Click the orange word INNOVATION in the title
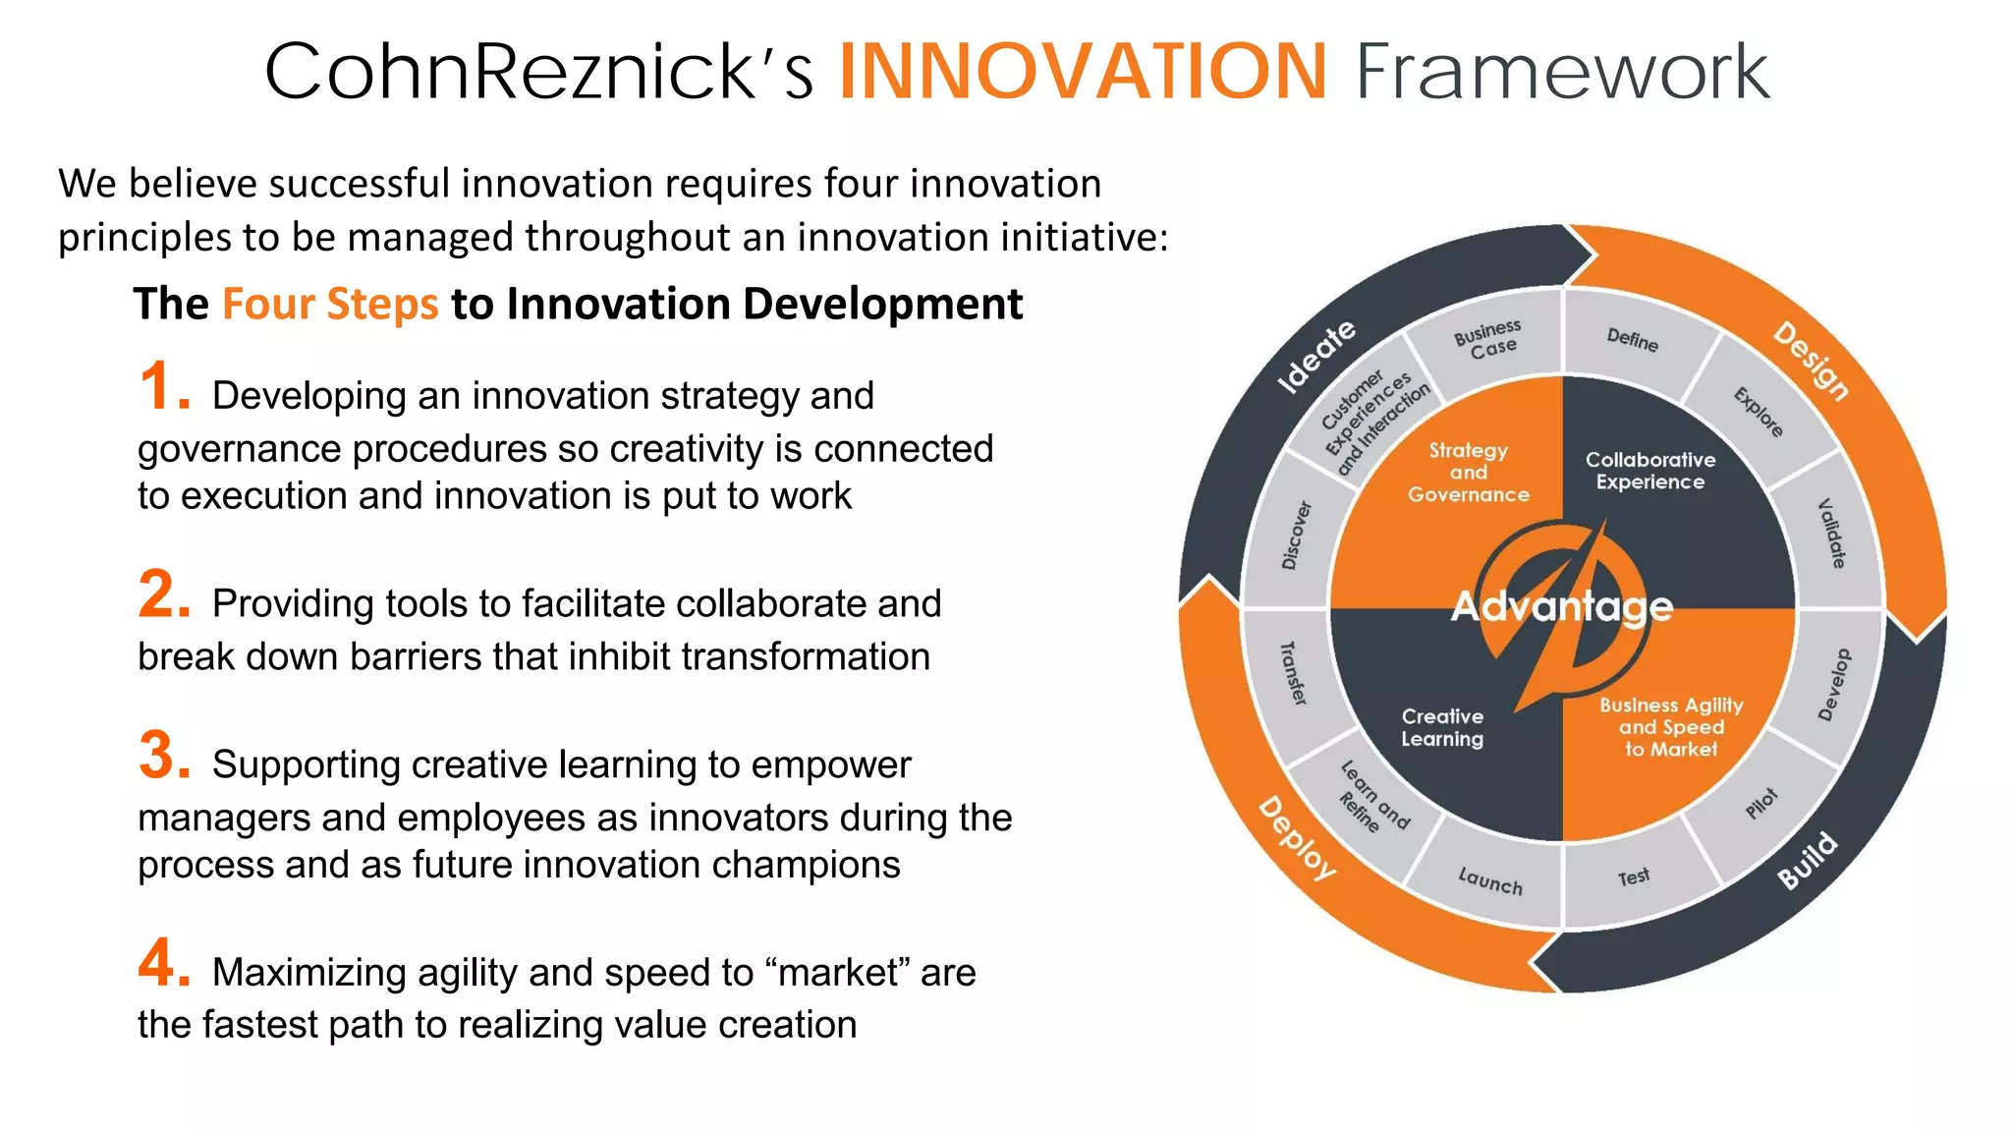tap(1083, 71)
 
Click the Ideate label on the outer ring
tap(1315, 357)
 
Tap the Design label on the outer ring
tap(1811, 361)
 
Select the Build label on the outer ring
tap(1807, 860)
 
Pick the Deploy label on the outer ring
tap(1298, 838)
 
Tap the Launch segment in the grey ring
tap(1489, 880)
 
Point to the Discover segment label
tap(1296, 536)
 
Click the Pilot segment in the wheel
tap(1760, 803)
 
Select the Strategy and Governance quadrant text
tap(1468, 473)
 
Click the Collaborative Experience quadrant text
tap(1650, 471)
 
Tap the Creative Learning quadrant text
tap(1442, 728)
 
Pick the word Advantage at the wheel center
tap(1562, 606)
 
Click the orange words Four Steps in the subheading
tap(330, 304)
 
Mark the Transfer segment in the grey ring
tap(1294, 673)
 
